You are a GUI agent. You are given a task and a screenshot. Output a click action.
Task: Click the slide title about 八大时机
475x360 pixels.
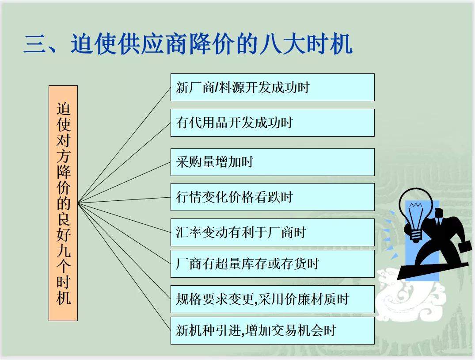tap(188, 44)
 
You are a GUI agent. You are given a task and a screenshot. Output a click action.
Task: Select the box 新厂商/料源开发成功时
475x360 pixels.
tap(272, 88)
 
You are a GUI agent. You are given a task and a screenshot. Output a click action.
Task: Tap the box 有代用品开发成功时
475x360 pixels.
tap(272, 123)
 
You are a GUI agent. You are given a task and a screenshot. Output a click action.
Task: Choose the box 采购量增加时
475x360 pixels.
tap(272, 162)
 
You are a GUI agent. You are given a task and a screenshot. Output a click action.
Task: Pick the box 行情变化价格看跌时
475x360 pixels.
tap(272, 197)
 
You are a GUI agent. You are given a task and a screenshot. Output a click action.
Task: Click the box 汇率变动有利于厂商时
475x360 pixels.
tap(272, 232)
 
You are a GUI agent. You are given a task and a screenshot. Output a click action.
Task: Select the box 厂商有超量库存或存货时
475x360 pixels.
tap(272, 264)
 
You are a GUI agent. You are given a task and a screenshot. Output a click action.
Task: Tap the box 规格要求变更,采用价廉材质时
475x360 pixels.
tap(272, 299)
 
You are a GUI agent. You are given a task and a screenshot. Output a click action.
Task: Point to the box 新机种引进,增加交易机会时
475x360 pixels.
tap(272, 330)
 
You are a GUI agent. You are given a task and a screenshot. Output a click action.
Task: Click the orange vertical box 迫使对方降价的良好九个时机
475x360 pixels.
tap(63, 203)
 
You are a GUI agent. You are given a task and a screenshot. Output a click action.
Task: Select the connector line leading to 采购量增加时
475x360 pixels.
tap(124, 183)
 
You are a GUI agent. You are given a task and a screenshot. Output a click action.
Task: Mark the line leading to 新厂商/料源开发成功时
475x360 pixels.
tap(124, 145)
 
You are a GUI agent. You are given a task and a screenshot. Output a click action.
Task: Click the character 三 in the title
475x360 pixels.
tap(35, 45)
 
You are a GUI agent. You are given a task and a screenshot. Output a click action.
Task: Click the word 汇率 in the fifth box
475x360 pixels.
tap(189, 233)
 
